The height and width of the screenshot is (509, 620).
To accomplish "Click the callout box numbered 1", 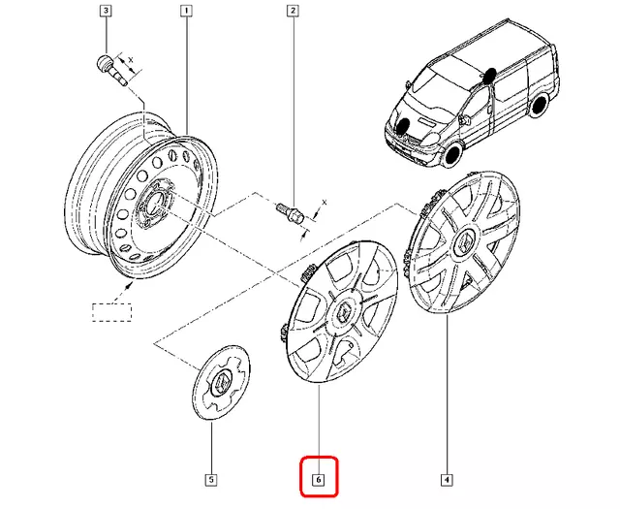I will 185,12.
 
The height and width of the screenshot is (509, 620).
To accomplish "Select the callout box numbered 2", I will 291,12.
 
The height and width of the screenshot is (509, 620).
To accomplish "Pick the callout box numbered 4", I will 446,479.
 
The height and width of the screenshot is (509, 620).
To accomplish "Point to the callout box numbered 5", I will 210,479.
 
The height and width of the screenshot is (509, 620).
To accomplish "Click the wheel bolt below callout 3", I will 108,69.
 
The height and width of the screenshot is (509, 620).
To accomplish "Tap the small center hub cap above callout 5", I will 221,384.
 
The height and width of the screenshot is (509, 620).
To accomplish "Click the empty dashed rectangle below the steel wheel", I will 111,312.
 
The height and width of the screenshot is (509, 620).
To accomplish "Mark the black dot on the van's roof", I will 490,73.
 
